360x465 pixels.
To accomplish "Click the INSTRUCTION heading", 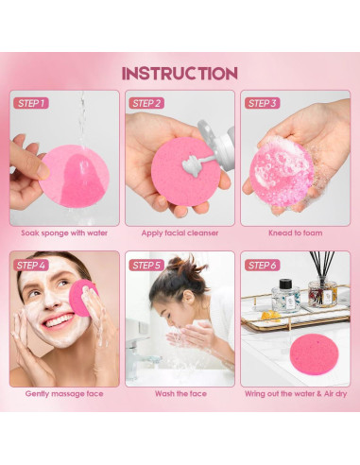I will pyautogui.click(x=180, y=73).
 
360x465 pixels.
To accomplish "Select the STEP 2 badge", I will pyautogui.click(x=147, y=103).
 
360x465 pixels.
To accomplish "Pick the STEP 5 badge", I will pyautogui.click(x=147, y=265).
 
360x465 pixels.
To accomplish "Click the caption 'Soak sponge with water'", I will pyautogui.click(x=64, y=232).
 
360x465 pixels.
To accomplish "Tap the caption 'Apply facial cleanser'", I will pyautogui.click(x=180, y=232).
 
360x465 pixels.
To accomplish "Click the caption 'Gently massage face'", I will pyautogui.click(x=64, y=393).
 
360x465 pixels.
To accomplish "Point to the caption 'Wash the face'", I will pyautogui.click(x=180, y=393).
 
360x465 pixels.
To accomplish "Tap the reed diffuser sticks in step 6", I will pyautogui.click(x=320, y=269).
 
